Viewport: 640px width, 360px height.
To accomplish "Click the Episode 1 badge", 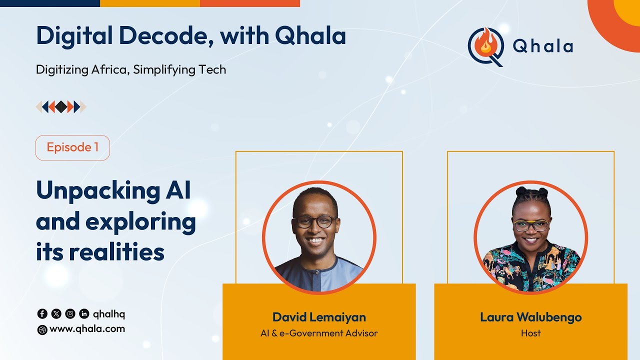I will coord(72,147).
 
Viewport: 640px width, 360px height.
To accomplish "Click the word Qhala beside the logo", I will coord(543,46).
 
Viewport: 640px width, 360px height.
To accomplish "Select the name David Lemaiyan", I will coord(319,317).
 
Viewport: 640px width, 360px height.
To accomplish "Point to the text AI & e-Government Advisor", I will coord(319,333).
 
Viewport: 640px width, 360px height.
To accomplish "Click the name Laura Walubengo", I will coord(530,317).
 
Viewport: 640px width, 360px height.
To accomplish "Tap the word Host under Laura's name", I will coord(530,333).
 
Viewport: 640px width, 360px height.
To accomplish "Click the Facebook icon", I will coord(42,314).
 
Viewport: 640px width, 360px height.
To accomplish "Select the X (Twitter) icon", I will coord(56,314).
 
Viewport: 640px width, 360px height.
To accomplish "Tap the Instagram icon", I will coord(70,314).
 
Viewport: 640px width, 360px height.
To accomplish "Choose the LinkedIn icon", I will coord(84,314).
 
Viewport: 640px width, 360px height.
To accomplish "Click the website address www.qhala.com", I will coord(87,329).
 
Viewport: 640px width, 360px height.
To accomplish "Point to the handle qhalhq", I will coord(109,314).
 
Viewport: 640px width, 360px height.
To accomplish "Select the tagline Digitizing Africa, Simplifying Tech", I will coord(131,69).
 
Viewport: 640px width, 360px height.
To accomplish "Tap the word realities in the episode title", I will coord(116,251).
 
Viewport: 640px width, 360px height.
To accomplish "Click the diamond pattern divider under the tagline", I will coord(61,106).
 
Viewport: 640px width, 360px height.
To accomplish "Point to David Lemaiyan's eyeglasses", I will coord(315,221).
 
